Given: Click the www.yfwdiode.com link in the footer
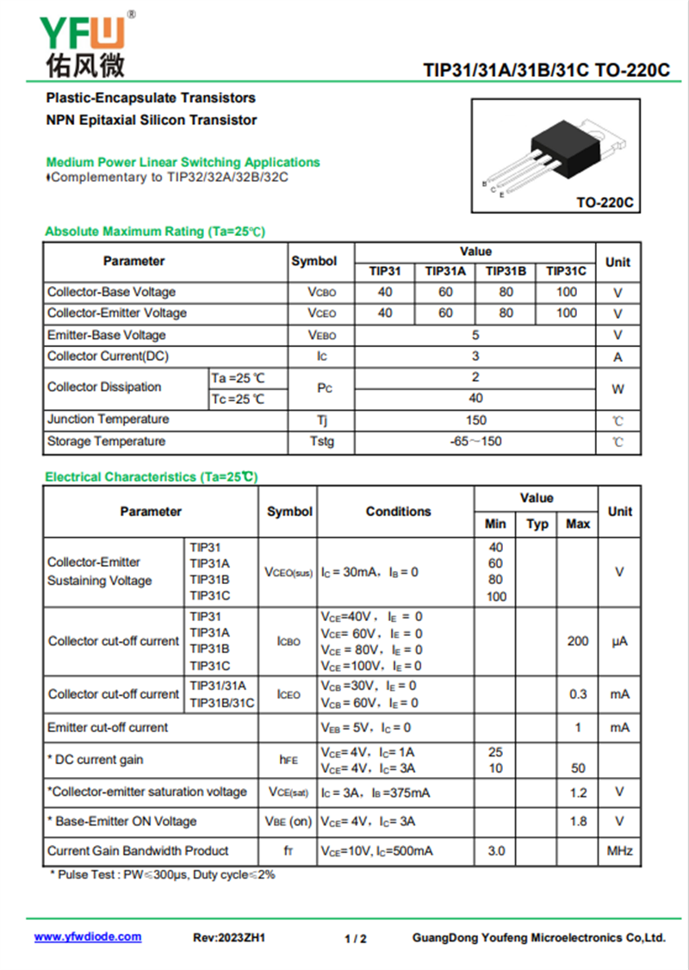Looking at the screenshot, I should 88,937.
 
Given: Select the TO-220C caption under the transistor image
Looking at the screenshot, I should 605,203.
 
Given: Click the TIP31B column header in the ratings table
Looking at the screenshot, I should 506,271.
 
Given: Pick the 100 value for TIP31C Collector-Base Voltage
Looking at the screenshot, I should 567,292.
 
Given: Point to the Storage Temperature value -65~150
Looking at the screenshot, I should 475,442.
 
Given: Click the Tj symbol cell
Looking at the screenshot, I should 321,420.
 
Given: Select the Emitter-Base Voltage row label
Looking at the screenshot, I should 107,335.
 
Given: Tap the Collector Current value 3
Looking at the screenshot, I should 475,356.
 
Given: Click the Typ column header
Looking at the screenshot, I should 537,524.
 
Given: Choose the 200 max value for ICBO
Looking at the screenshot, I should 578,641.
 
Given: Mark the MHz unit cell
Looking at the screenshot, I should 619,851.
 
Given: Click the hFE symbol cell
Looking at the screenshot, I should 289,760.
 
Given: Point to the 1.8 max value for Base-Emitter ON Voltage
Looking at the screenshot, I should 578,822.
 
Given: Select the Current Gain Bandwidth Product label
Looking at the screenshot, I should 138,851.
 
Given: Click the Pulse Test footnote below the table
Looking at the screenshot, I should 163,875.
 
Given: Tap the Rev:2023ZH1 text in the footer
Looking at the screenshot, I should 229,938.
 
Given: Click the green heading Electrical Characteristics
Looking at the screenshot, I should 151,476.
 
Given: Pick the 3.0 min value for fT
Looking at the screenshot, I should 496,851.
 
